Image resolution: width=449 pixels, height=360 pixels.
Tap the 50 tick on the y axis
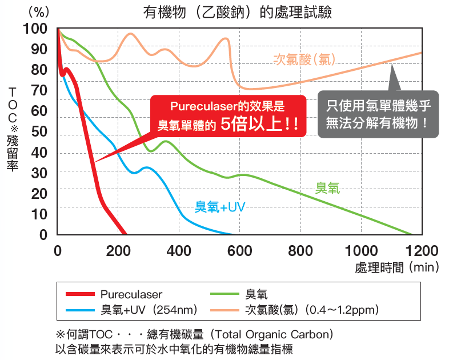[x=39, y=131]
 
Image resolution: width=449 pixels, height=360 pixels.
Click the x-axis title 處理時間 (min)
[x=395, y=267]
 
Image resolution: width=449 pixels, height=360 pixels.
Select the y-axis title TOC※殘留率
[x=13, y=129]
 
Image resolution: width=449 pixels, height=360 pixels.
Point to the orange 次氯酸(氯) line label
[x=304, y=59]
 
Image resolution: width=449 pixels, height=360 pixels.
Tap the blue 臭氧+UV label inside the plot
[x=220, y=207]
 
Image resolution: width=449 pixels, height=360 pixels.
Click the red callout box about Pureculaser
[x=227, y=115]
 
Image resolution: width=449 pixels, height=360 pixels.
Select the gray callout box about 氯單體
[x=378, y=114]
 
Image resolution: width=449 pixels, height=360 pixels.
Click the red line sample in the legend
[x=79, y=294]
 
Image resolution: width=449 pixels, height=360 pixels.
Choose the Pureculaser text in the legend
[x=131, y=294]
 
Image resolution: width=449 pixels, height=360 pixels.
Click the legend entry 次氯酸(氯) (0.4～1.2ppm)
[x=311, y=310]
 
